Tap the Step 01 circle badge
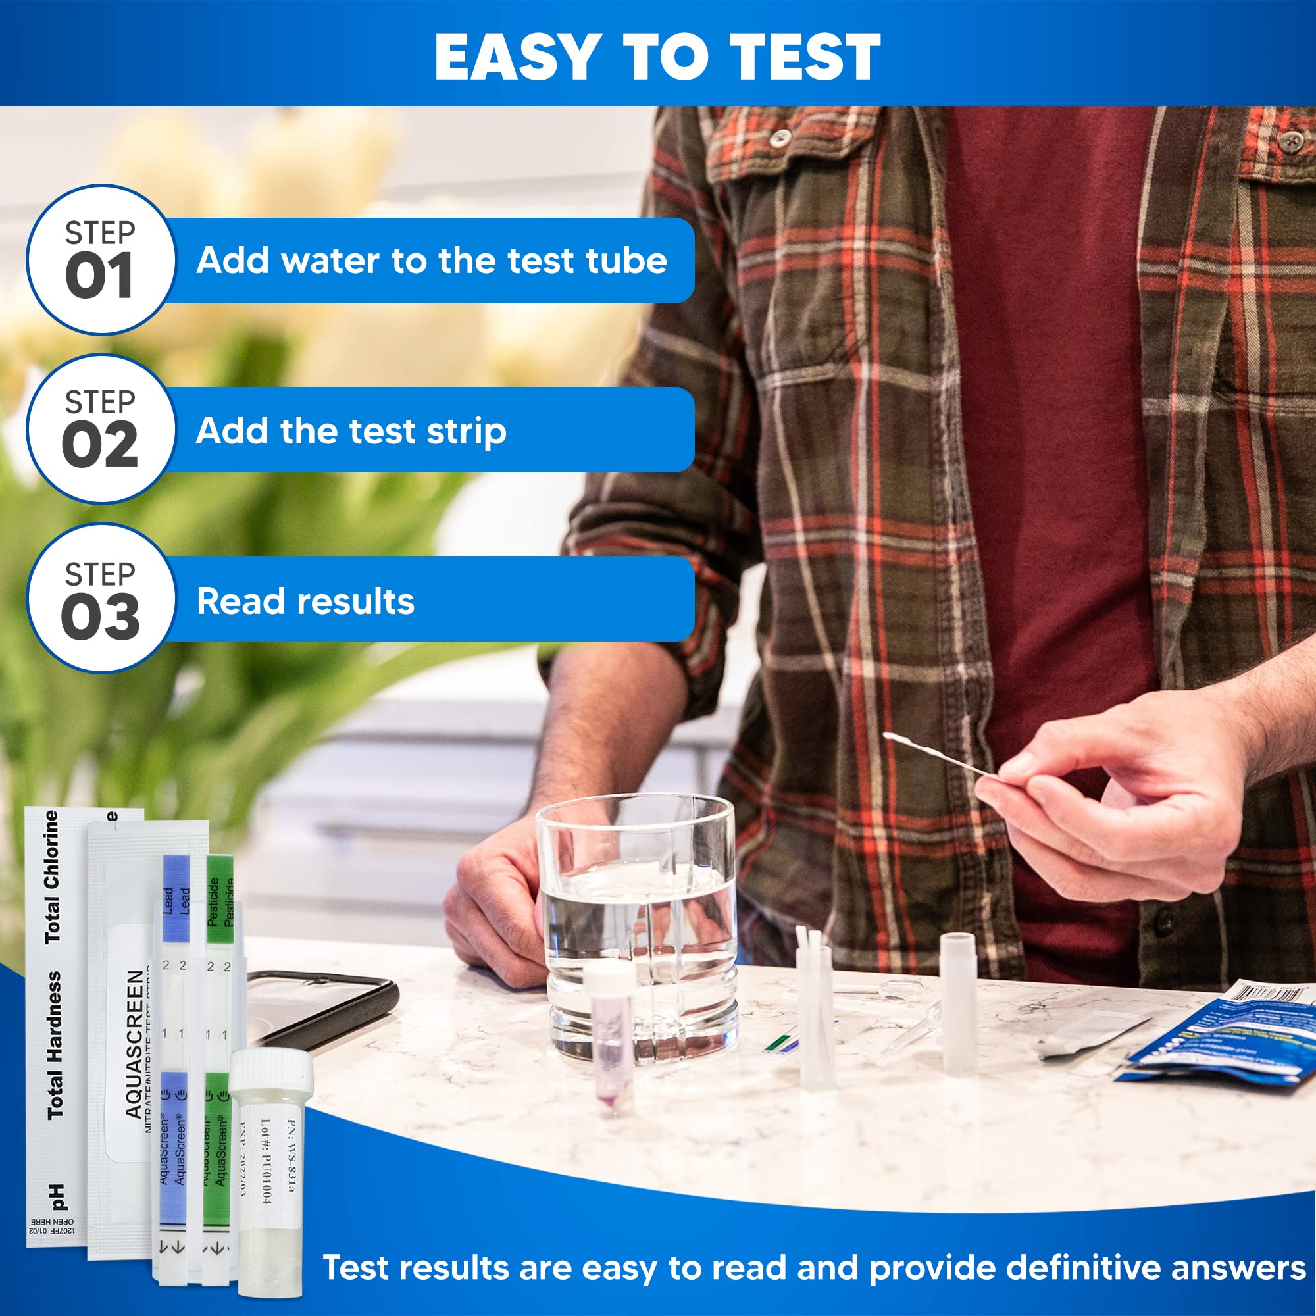click(100, 259)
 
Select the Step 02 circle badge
click(100, 429)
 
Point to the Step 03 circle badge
click(100, 598)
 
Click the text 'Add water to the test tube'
click(431, 261)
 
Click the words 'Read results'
click(305, 601)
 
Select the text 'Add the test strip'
click(351, 431)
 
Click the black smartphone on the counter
click(320, 1008)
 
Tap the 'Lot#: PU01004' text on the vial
click(266, 1161)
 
